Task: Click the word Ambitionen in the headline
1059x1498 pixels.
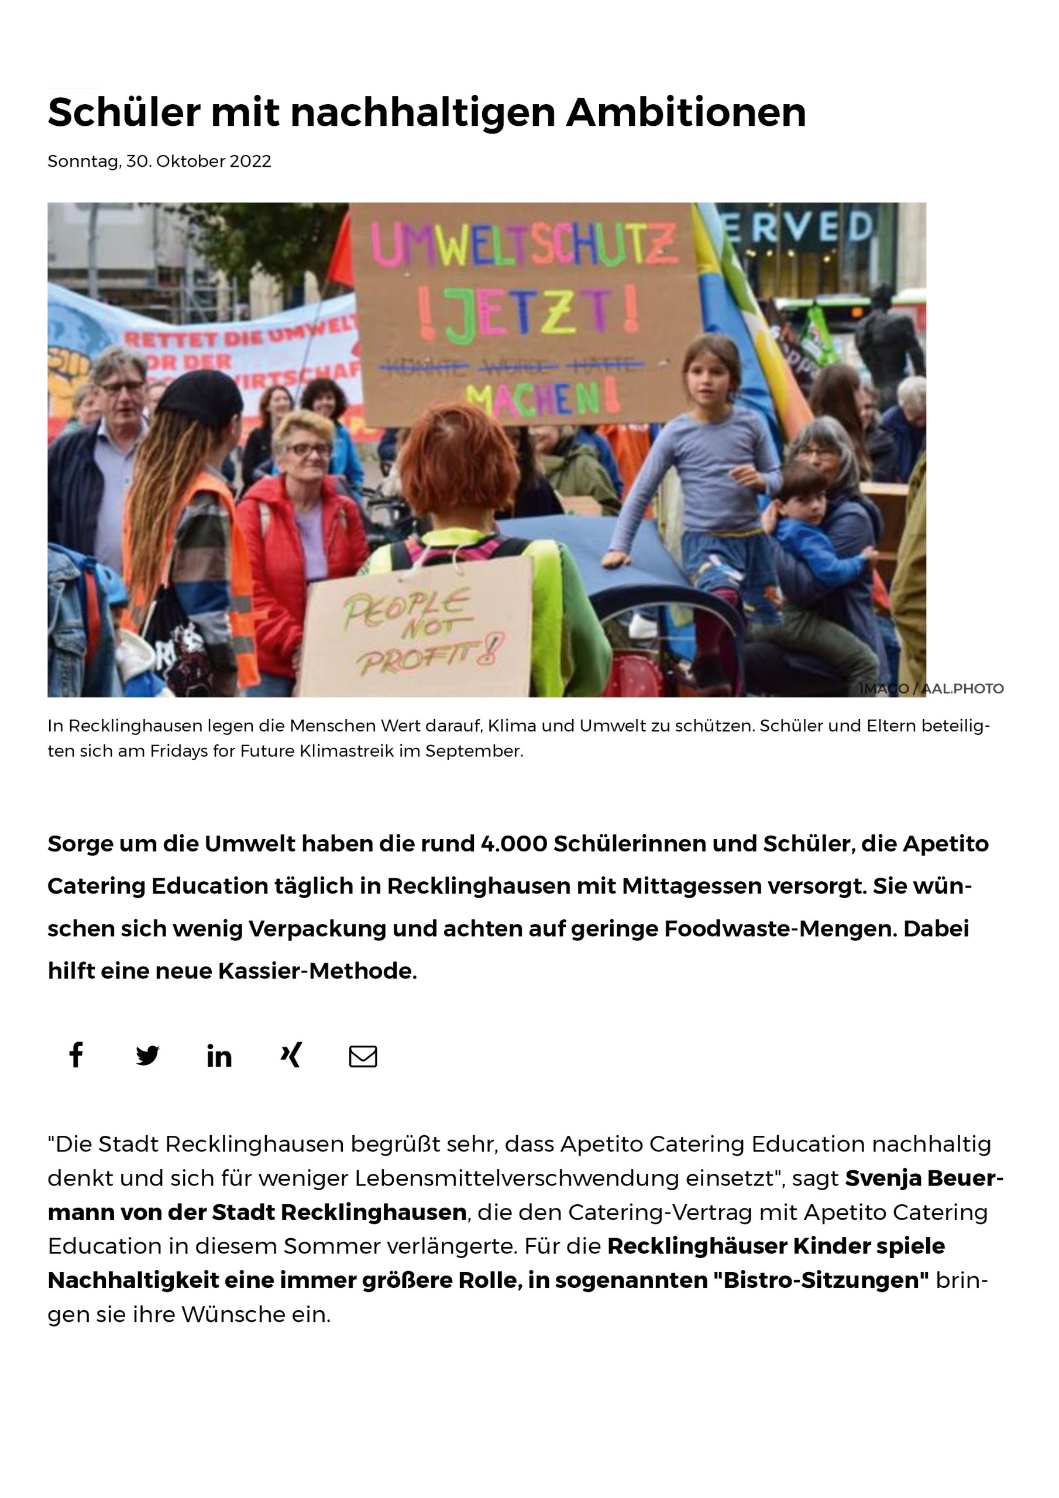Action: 686,112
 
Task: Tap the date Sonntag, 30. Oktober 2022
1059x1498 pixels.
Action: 159,161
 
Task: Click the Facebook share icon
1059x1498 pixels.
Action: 76,1055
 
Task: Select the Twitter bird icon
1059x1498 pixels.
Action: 147,1056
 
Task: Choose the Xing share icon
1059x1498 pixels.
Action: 291,1055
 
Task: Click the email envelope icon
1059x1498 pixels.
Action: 363,1056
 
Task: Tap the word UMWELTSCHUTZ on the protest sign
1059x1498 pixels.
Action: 524,246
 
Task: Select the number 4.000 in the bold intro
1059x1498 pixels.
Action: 514,844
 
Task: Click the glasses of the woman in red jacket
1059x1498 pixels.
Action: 307,449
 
